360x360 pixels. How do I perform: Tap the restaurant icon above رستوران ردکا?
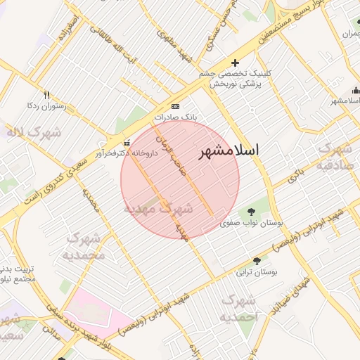46,95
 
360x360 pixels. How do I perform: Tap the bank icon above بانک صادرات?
175,106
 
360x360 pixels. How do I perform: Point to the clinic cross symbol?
235,63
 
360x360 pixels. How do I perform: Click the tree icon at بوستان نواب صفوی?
252,212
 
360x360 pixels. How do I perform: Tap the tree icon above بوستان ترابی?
256,260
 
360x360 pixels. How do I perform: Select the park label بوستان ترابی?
256,271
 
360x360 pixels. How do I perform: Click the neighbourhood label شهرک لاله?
33,132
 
